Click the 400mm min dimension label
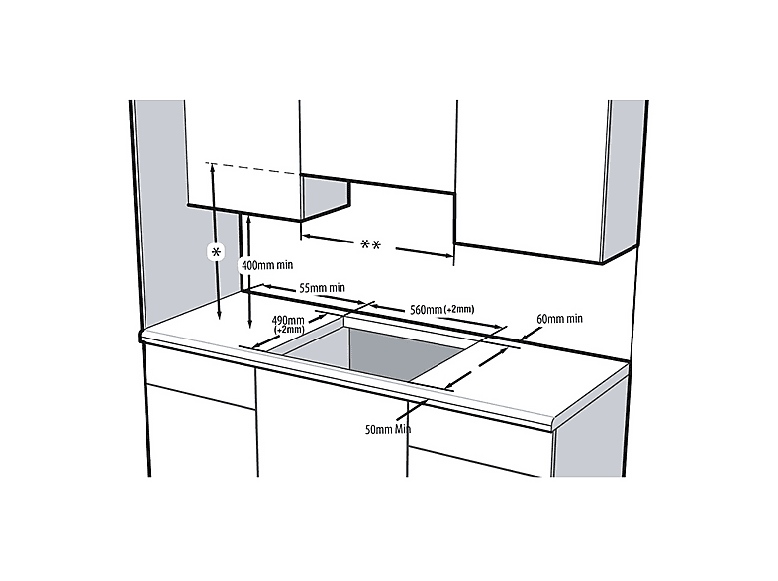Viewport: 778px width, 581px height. pyautogui.click(x=267, y=265)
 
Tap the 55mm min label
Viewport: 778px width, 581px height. pyautogui.click(x=322, y=288)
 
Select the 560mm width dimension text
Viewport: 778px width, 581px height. pyautogui.click(x=427, y=310)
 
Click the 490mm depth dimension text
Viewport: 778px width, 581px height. pyautogui.click(x=288, y=320)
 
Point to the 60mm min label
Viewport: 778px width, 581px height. pyautogui.click(x=559, y=318)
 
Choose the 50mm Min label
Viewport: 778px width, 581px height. pyautogui.click(x=388, y=429)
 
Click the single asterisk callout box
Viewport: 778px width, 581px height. pyautogui.click(x=216, y=252)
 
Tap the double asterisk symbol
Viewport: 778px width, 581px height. pyautogui.click(x=370, y=245)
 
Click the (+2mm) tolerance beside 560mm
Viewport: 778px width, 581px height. pyautogui.click(x=459, y=309)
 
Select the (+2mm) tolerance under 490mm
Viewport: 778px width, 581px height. pyautogui.click(x=289, y=330)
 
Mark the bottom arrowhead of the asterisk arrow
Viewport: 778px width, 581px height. pyautogui.click(x=220, y=316)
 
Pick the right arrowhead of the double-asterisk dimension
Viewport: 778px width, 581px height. pyautogui.click(x=449, y=256)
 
